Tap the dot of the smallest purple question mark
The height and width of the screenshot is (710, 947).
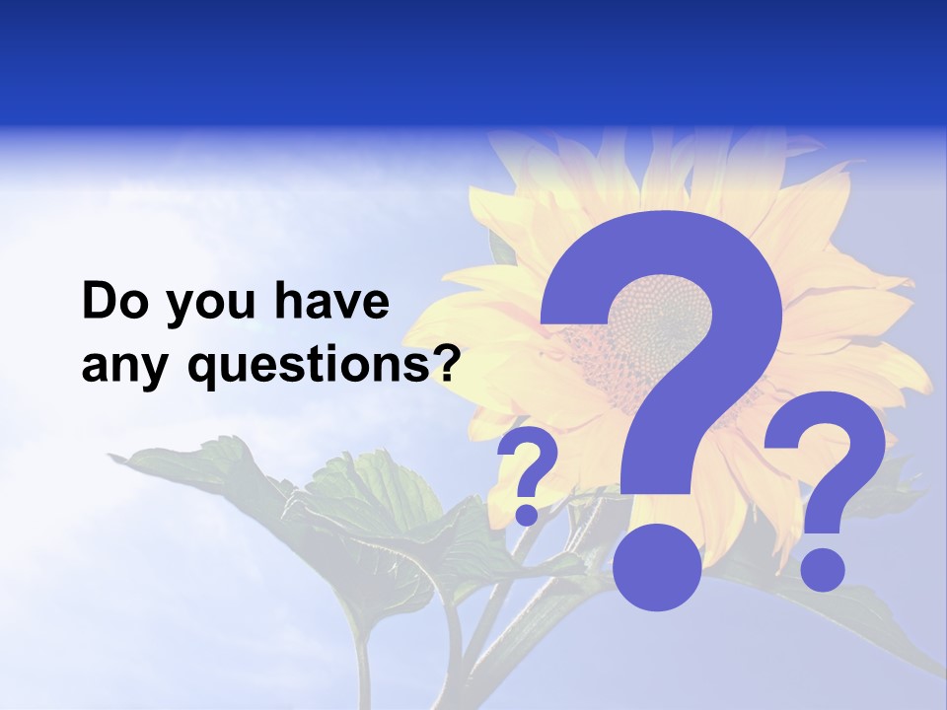[527, 513]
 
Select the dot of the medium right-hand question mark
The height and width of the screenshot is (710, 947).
[822, 569]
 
